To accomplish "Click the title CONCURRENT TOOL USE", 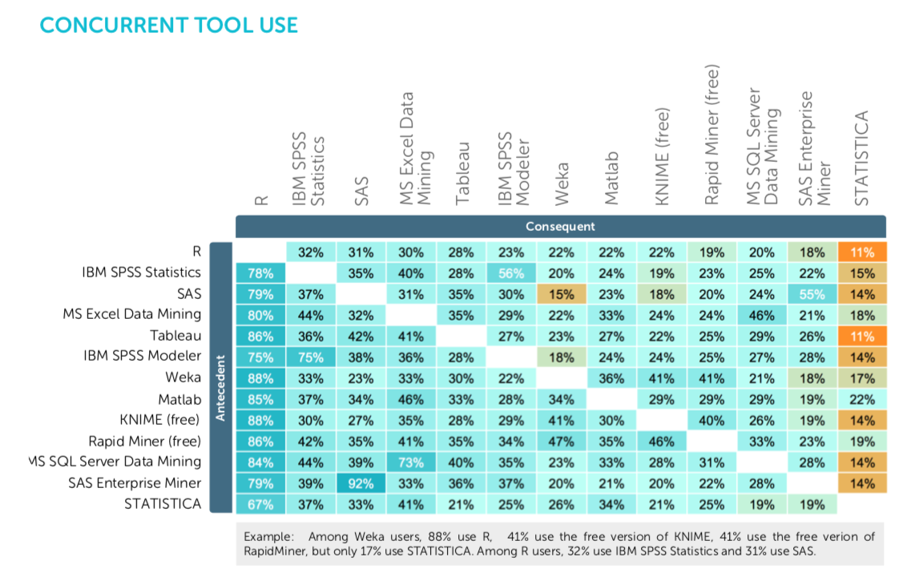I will coord(168,25).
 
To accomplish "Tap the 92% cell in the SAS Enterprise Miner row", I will coord(361,483).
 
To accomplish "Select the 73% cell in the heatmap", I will coord(411,462).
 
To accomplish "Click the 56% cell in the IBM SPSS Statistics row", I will coord(511,272).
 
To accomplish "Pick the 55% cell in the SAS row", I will coord(811,293).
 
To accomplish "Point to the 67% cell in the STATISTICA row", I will coord(261,504).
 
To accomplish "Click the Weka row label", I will coord(183,377).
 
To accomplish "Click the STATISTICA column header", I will coord(861,158).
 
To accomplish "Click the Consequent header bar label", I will coord(560,226).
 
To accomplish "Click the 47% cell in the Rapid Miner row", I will coord(561,441).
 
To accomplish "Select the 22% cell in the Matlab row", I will coord(861,398).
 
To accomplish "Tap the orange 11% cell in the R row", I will coord(861,252).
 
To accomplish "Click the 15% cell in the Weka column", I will coord(561,293).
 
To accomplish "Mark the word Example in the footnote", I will coord(265,536).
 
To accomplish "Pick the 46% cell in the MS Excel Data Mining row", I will coord(761,314).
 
